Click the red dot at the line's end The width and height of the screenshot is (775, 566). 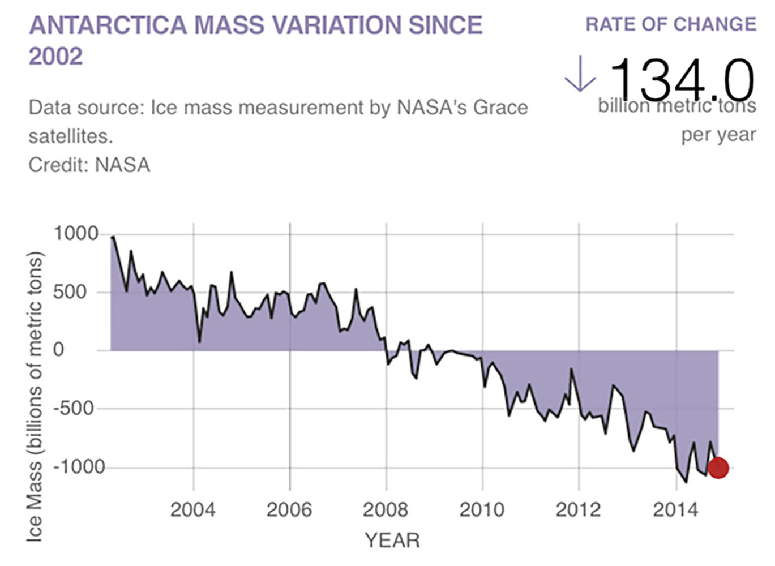(718, 468)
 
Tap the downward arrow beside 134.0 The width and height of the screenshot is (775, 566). (580, 75)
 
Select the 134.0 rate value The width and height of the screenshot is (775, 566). (682, 79)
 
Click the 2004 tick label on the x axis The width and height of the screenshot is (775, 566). (193, 510)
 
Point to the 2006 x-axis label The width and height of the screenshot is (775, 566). (289, 510)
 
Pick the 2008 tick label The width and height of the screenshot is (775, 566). (386, 510)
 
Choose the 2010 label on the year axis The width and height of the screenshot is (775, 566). (482, 510)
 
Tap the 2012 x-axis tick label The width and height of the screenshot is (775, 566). (578, 510)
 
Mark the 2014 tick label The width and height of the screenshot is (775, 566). (675, 510)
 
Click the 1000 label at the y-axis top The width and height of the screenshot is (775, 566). (76, 234)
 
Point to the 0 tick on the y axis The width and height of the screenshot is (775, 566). (59, 350)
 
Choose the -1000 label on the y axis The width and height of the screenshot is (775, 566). (79, 468)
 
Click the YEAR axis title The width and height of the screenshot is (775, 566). (392, 541)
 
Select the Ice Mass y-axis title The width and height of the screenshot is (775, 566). (35, 396)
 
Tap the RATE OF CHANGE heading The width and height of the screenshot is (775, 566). (670, 24)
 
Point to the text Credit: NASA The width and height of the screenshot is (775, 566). (89, 165)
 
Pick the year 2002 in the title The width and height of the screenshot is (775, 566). (55, 56)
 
